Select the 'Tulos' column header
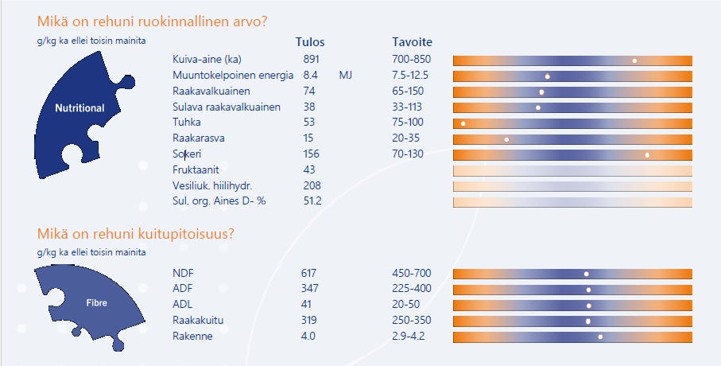[x=310, y=42]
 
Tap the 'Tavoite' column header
[x=413, y=42]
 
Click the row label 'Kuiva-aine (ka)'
[x=206, y=60]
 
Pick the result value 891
[x=312, y=60]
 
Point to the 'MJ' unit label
[x=345, y=76]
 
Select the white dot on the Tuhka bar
[x=463, y=123]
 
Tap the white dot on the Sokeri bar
[x=647, y=155]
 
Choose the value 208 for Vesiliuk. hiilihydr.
[x=312, y=185]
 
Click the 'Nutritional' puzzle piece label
[x=79, y=107]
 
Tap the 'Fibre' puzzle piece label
[x=96, y=303]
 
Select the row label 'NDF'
[x=183, y=274]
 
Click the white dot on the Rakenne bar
[x=600, y=337]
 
